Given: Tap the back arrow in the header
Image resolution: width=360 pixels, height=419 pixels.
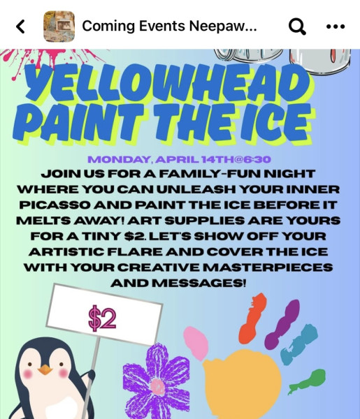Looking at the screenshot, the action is click(x=20, y=27).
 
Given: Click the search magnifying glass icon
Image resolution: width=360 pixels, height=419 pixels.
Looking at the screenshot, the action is click(x=297, y=27).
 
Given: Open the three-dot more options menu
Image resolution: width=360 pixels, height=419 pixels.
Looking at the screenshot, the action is click(x=336, y=27).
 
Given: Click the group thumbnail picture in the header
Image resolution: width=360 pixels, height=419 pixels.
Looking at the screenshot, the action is click(x=59, y=27).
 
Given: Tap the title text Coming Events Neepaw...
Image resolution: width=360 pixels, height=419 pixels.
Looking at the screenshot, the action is click(x=169, y=26).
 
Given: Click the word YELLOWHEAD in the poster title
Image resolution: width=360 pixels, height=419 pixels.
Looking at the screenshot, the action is click(x=167, y=82).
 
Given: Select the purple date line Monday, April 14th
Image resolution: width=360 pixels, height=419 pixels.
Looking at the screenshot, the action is click(x=179, y=159).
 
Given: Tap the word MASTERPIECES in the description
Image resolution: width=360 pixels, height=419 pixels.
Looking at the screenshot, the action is click(x=268, y=267).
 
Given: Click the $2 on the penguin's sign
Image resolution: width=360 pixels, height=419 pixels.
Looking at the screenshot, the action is click(x=103, y=318).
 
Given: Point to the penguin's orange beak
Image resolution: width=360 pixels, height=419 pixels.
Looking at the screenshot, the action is click(x=45, y=369).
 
